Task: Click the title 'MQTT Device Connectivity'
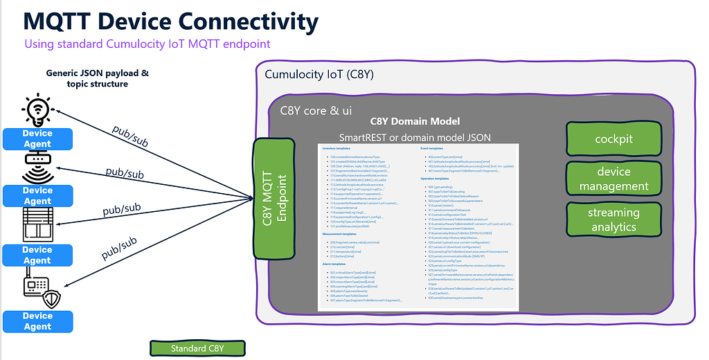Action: pos(171,21)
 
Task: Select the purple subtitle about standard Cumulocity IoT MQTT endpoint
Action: pos(147,44)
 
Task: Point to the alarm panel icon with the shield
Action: pos(39,290)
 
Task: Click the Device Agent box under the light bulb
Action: pos(37,138)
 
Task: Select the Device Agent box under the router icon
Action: pos(37,195)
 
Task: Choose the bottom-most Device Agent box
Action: pos(37,321)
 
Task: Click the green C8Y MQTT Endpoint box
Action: pos(275,197)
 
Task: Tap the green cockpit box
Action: pos(614,139)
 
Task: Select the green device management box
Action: pos(614,179)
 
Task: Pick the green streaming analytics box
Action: pos(614,219)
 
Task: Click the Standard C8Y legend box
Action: pos(198,348)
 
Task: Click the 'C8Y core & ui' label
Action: pos(315,110)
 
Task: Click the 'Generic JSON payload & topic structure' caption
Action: pos(98,78)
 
